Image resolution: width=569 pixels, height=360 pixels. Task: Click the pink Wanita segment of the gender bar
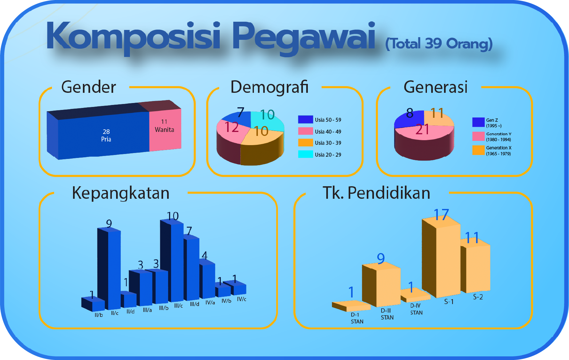165,130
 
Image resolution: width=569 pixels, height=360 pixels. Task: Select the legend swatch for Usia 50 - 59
305,119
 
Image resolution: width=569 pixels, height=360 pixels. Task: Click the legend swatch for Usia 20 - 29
305,154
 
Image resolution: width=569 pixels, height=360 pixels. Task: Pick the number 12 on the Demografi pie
232,127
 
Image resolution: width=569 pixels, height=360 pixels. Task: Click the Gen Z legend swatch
478,122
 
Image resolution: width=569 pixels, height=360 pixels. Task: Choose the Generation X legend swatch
478,150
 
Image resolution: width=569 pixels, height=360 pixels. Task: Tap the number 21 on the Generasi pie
422,130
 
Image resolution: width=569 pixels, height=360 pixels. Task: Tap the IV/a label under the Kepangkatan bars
210,302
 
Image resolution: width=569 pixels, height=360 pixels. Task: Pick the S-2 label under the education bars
478,297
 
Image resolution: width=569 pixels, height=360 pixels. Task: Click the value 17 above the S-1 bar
441,215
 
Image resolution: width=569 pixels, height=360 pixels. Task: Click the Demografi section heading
269,87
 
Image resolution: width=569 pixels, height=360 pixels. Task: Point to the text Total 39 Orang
439,44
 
